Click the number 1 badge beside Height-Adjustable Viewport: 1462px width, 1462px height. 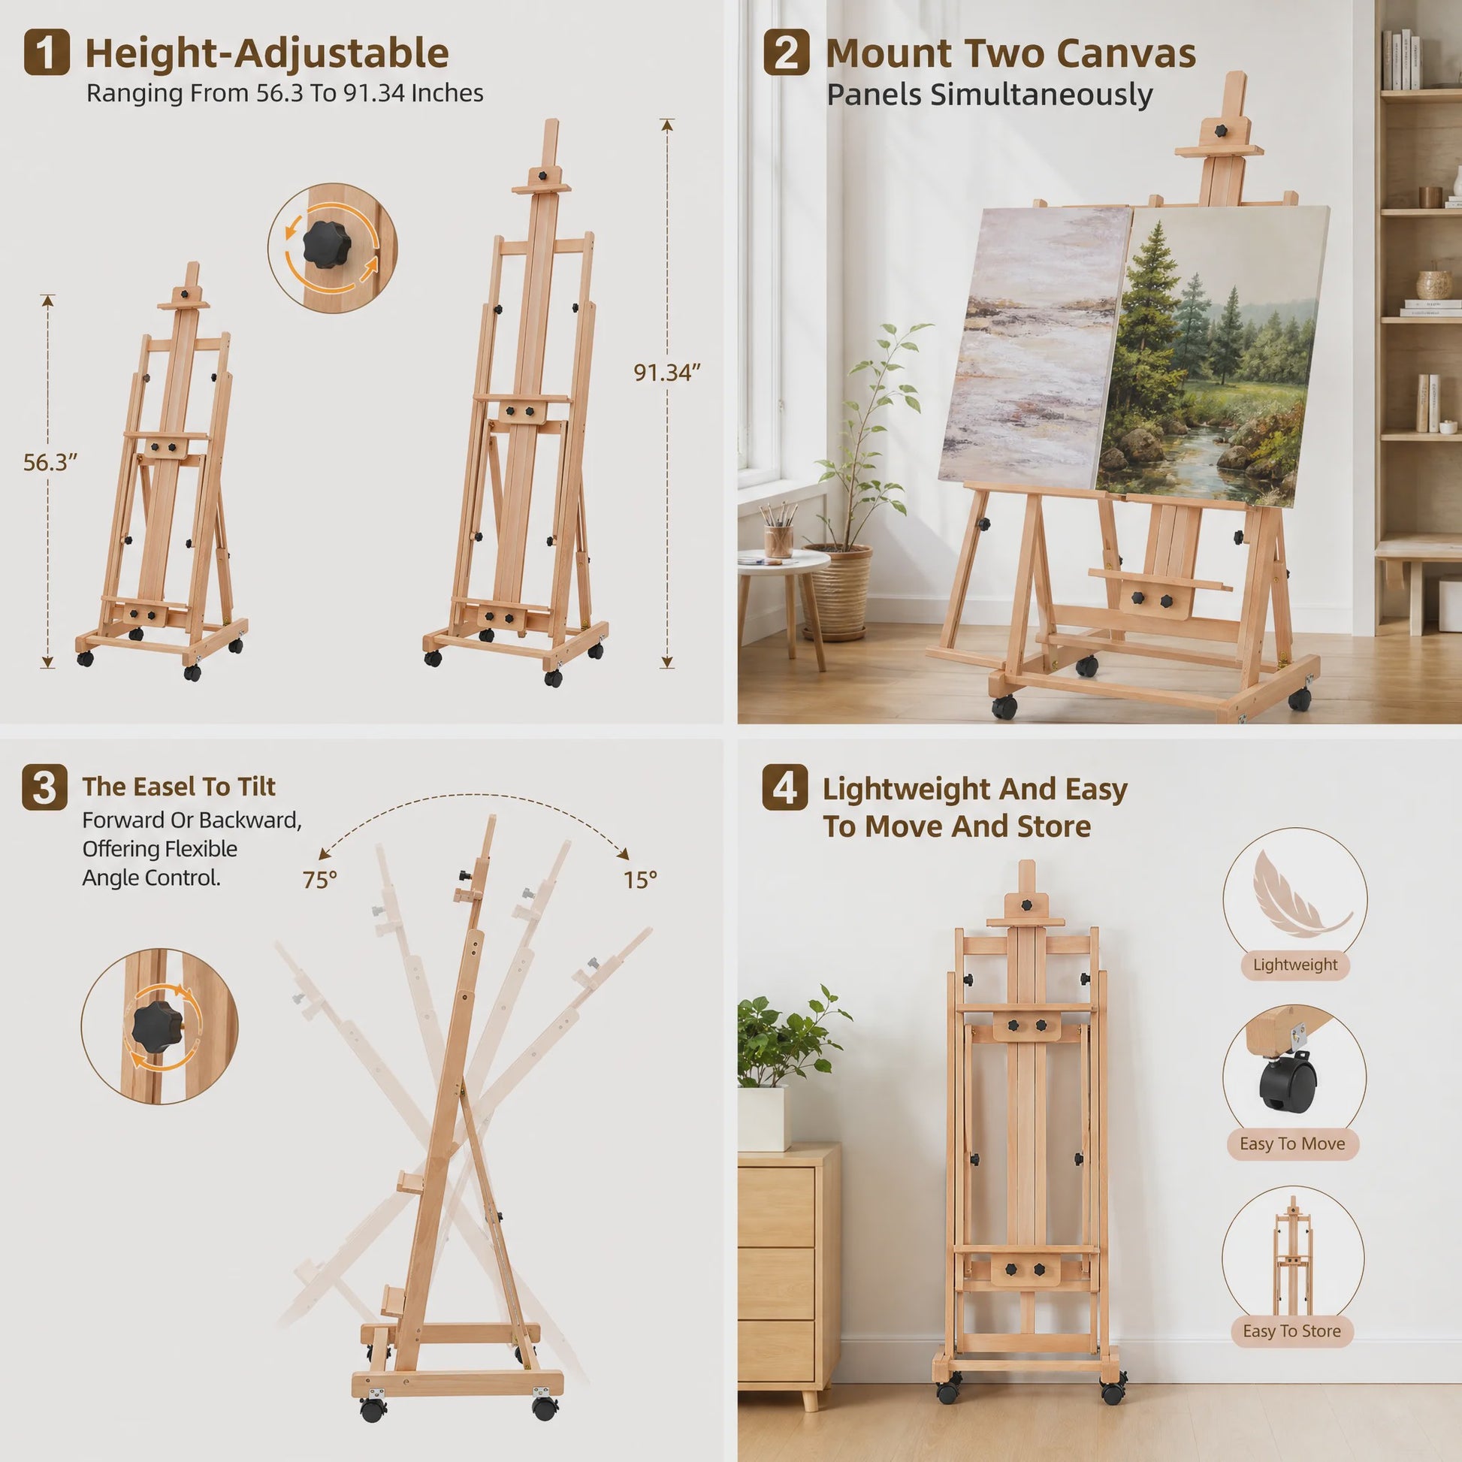46,53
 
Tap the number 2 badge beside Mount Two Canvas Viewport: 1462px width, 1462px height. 786,53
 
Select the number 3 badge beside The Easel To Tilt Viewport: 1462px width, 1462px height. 44,788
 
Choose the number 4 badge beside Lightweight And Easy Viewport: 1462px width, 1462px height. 785,788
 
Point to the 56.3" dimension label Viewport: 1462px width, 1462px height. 50,462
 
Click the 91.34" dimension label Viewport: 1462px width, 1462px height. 667,373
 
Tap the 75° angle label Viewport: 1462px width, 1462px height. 319,880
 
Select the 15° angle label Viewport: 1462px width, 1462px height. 640,880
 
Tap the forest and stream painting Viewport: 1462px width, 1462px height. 1212,355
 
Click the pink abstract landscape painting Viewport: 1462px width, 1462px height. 1035,346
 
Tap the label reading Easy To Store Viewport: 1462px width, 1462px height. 1291,1352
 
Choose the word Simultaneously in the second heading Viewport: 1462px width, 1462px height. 1041,95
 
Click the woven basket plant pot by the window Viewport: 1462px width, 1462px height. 837,592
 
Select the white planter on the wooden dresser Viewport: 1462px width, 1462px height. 760,1119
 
